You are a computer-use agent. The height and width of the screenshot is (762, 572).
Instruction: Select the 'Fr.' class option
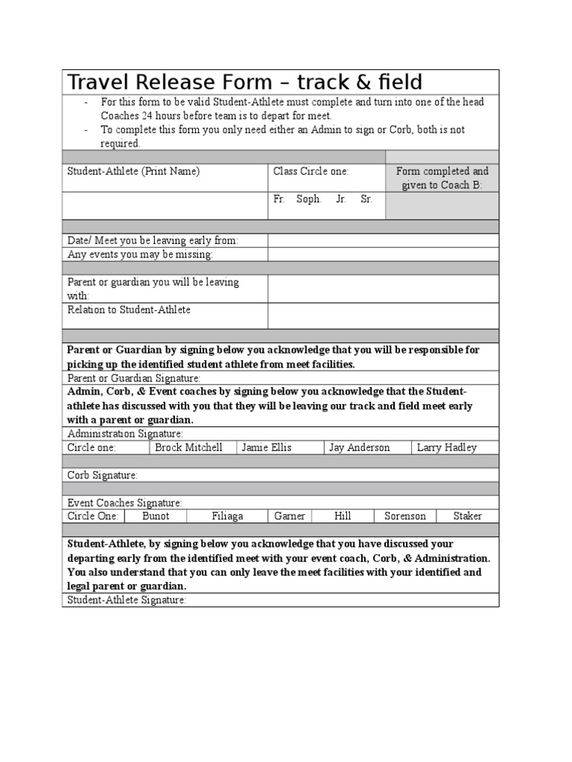click(279, 200)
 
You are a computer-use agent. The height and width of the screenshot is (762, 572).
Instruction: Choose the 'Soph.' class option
click(309, 200)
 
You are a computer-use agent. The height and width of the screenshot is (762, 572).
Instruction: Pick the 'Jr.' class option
click(341, 200)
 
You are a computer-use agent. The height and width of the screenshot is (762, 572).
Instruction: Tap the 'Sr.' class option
click(366, 200)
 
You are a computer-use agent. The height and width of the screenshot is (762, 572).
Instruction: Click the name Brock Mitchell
click(188, 447)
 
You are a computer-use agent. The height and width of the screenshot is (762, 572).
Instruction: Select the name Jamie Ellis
click(267, 447)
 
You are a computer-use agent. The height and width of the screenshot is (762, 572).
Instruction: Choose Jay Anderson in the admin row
click(359, 447)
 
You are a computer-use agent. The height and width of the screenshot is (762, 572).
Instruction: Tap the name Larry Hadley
click(447, 447)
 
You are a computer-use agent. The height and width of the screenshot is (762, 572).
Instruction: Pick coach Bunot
click(156, 516)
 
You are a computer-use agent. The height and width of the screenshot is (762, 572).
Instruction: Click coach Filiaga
click(227, 516)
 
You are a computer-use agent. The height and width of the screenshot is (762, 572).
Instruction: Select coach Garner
click(290, 516)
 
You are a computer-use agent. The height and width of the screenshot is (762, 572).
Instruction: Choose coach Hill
click(343, 516)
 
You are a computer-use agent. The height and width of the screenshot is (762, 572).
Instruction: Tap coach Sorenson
click(405, 516)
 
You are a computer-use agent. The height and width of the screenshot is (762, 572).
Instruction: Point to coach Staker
click(467, 516)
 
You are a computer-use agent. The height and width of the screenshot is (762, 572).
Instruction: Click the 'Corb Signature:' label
click(103, 475)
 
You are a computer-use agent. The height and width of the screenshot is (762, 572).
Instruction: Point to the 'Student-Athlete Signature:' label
click(127, 600)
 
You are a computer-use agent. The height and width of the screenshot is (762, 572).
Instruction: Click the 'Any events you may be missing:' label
click(140, 254)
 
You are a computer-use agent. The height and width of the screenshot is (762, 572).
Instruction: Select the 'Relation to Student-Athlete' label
click(129, 310)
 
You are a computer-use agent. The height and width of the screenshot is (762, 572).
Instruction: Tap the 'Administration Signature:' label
click(125, 434)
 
